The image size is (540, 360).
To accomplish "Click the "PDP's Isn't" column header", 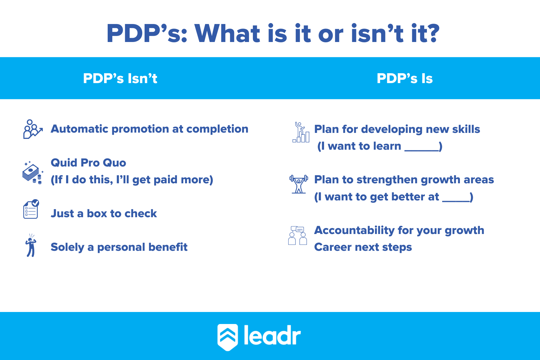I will tap(120, 79).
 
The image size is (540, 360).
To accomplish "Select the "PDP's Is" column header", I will tap(404, 79).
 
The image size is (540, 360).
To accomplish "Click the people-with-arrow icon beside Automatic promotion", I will tap(32, 129).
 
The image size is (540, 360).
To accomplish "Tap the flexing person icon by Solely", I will tap(31, 246).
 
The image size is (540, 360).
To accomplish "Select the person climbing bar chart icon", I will tap(301, 132).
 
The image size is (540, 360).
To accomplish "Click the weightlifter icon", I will tap(298, 184).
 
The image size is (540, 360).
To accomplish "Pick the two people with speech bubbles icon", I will tap(297, 235).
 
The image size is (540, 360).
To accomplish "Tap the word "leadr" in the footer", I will tap(272, 335).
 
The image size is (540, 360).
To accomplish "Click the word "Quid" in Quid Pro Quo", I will tap(64, 163).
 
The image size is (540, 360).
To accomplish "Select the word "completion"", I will tap(217, 129).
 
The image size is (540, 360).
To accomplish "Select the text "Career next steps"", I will tap(363, 247).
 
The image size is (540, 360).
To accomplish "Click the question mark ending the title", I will tap(432, 34).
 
